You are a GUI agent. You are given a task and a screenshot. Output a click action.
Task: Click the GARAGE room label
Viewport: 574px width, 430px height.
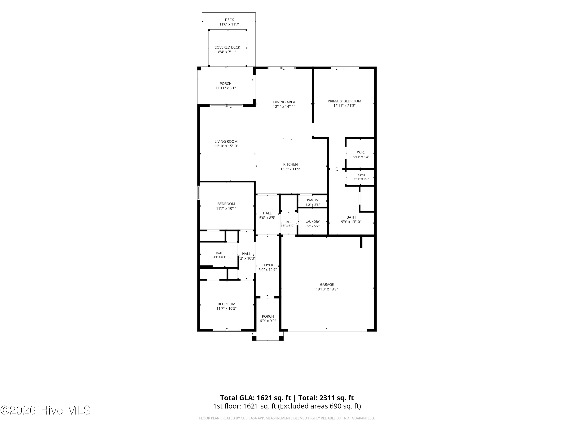point(327,284)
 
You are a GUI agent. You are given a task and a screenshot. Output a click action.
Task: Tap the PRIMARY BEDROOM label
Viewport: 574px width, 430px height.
point(344,101)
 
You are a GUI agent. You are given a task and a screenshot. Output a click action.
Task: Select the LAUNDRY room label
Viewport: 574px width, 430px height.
point(312,222)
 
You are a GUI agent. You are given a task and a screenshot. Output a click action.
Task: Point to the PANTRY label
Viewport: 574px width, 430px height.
point(313,200)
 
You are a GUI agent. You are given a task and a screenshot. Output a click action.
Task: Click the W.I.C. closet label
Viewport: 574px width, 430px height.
point(361,152)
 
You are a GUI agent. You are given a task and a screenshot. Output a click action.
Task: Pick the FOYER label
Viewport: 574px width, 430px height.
point(267,265)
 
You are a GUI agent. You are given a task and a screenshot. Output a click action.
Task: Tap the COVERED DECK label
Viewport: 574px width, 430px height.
point(227,47)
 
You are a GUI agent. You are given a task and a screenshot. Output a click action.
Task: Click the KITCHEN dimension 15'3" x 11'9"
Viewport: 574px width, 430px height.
point(290,169)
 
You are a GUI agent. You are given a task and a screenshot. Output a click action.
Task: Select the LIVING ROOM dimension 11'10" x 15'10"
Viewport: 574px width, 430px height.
point(226,146)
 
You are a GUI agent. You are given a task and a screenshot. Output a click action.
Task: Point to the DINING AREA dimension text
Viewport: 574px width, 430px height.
point(284,106)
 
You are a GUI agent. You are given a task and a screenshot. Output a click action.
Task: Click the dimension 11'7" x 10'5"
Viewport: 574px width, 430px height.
point(226,308)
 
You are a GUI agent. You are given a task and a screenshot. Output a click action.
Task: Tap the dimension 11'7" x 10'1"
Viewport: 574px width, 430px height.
point(226,208)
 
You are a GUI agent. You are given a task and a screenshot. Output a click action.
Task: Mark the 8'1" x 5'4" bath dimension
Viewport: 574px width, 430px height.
point(220,257)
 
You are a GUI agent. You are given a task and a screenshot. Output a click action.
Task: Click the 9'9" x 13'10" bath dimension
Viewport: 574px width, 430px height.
point(351,222)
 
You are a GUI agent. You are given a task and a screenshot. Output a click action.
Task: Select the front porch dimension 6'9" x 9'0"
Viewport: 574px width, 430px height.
point(268,321)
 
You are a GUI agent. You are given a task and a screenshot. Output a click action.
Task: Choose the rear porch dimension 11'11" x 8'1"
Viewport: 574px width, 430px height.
point(226,88)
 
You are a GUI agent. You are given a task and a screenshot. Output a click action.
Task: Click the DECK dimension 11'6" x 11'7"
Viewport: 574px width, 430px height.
point(229,24)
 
